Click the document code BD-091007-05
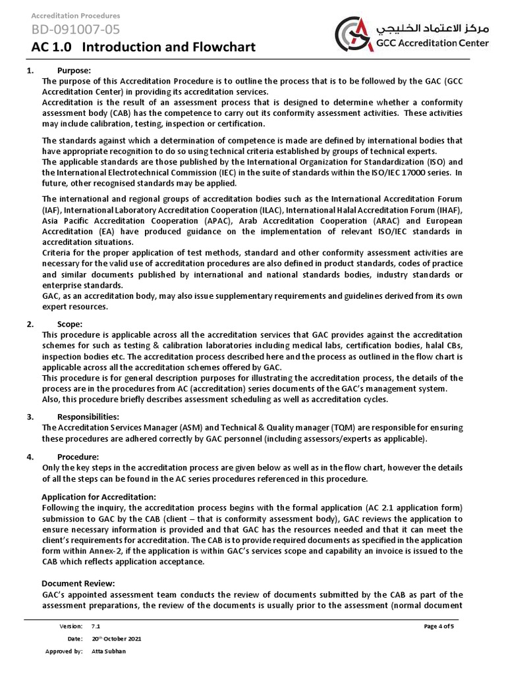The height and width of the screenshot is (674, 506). [x=76, y=29]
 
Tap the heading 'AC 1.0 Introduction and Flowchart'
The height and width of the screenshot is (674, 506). [x=143, y=47]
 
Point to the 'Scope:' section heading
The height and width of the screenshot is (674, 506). [x=70, y=324]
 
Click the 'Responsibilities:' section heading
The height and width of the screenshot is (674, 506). [x=88, y=417]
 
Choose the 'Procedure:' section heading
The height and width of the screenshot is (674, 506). [x=78, y=457]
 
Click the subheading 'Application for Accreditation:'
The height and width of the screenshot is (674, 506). [x=99, y=496]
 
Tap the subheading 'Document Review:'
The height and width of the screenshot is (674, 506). [x=78, y=583]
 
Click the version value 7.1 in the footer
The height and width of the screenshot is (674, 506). [x=96, y=626]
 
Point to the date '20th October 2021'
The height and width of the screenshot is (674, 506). [x=116, y=638]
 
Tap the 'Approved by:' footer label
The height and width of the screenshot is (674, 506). [x=64, y=651]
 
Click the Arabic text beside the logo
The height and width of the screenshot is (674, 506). [x=431, y=29]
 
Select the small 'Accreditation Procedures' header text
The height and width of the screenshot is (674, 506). [x=76, y=15]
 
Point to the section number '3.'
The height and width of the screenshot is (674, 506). [x=30, y=417]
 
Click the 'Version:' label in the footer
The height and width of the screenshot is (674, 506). [x=71, y=626]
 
